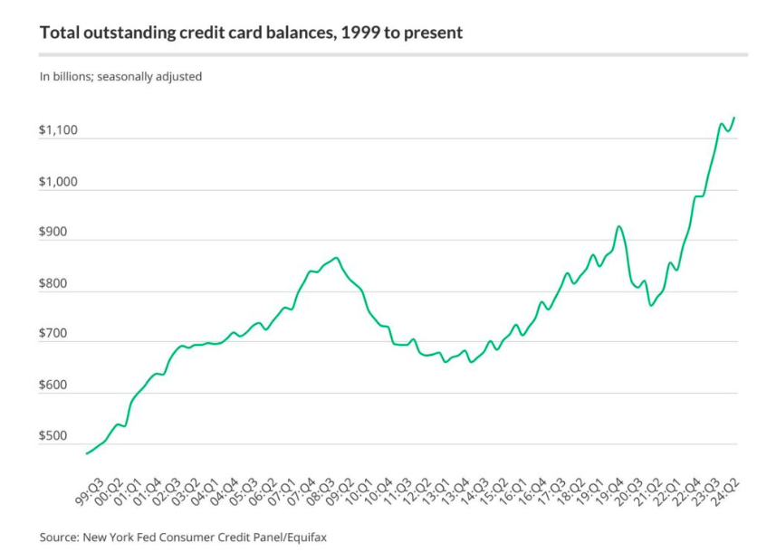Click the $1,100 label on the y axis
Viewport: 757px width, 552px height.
(x=58, y=131)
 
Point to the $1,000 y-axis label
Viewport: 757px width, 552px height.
(x=58, y=182)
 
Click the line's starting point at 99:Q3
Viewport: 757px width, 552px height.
(x=87, y=452)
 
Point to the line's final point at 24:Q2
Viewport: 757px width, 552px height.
(x=734, y=117)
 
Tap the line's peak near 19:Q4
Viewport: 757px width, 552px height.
(x=618, y=226)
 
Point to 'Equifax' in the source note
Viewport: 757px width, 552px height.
(x=302, y=537)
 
